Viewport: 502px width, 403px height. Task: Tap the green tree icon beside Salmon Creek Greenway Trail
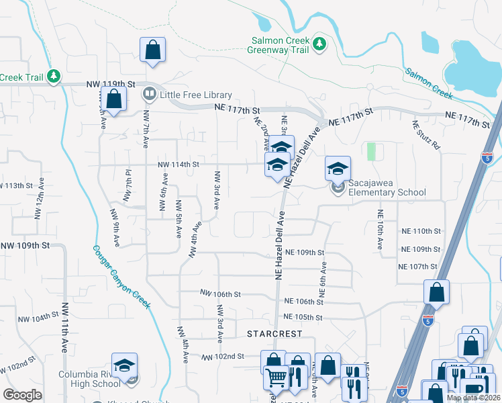pos(320,44)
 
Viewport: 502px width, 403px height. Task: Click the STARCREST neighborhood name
pos(275,334)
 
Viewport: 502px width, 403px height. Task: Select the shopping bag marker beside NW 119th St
pos(115,100)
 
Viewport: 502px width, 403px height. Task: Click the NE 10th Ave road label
pos(380,230)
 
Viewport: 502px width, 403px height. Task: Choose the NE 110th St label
pos(421,230)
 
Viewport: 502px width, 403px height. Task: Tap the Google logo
pos(22,395)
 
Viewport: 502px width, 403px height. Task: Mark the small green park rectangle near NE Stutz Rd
pos(371,151)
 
